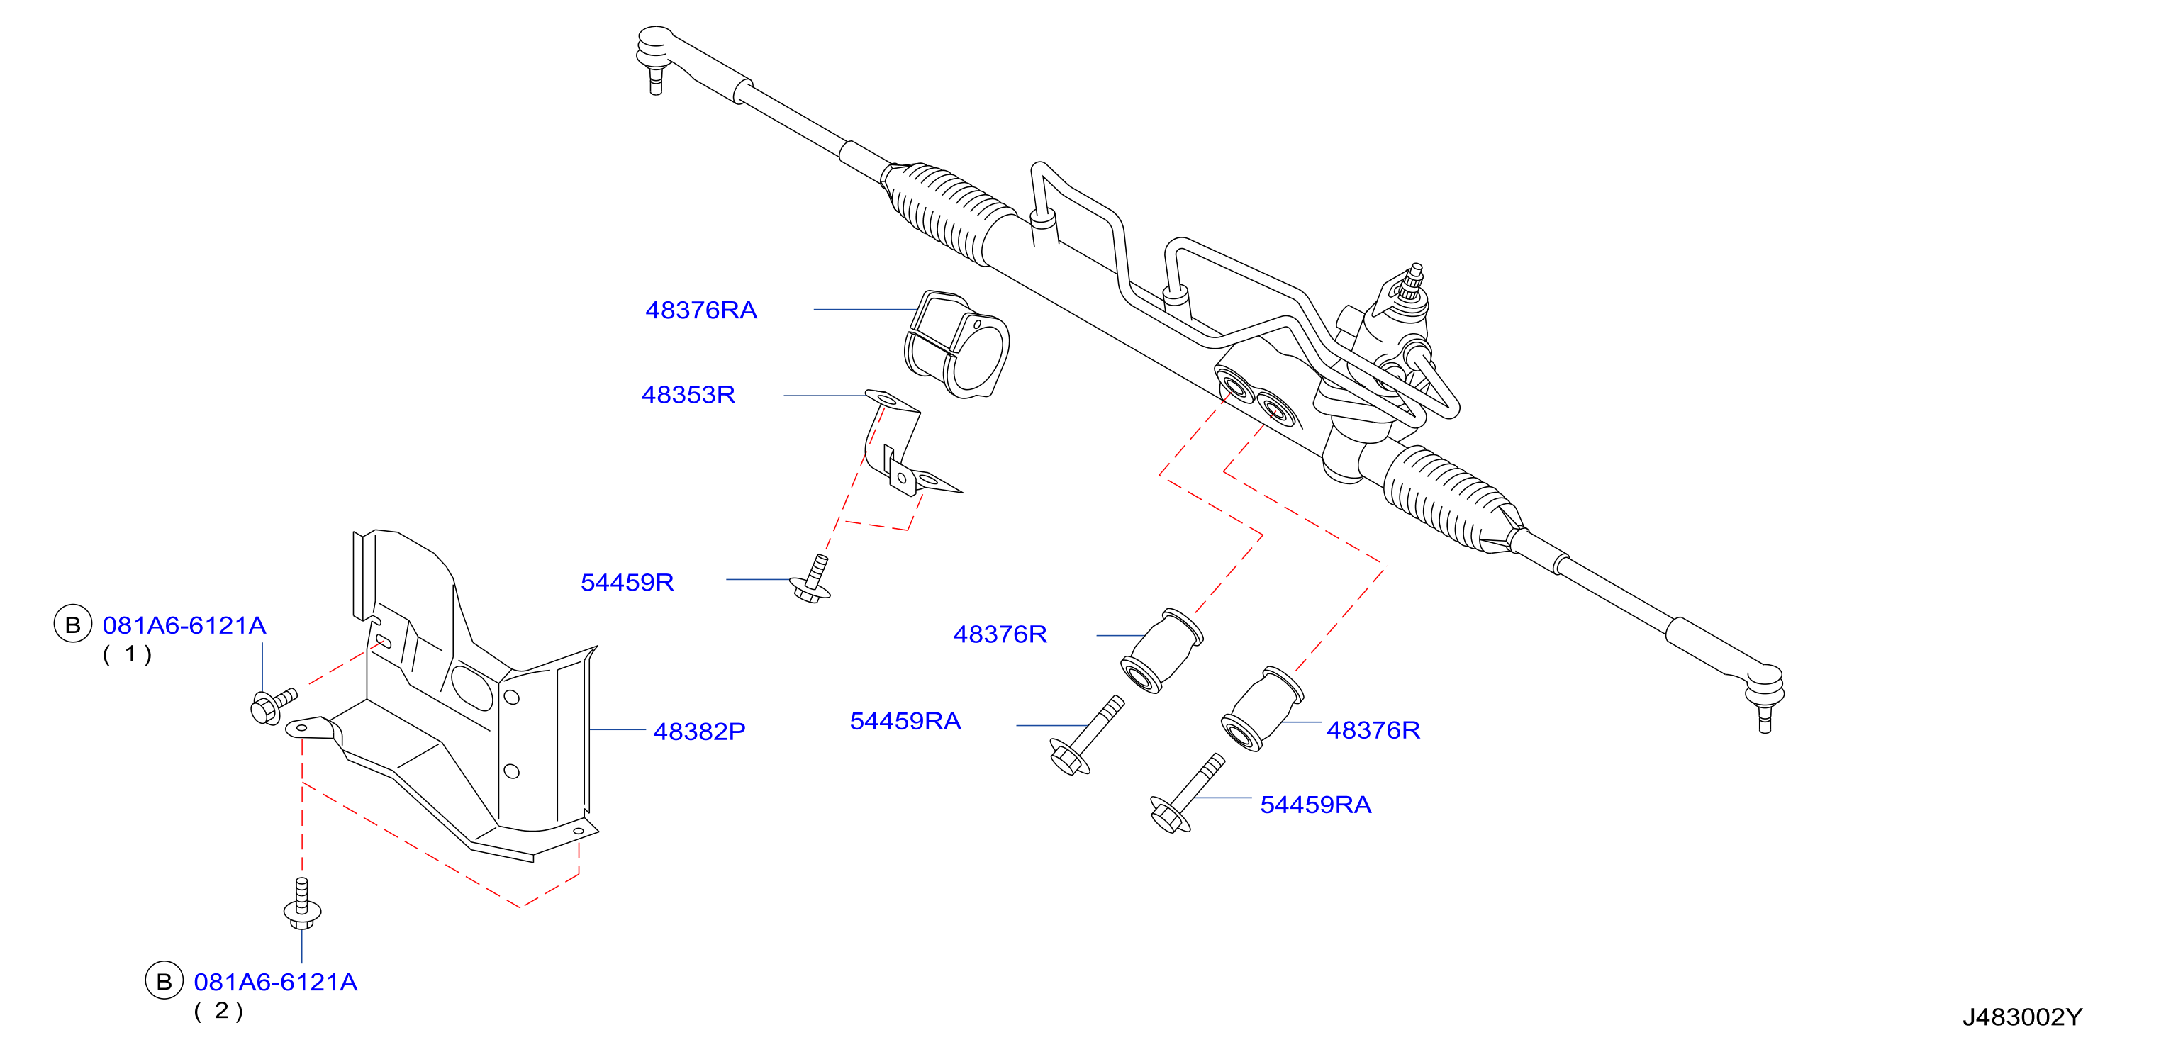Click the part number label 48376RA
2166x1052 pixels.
(700, 310)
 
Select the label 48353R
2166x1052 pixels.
(688, 394)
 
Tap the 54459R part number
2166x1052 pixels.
(627, 582)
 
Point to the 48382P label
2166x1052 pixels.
(700, 731)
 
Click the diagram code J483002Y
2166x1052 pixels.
(2022, 1017)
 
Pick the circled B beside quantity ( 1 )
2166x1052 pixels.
(73, 625)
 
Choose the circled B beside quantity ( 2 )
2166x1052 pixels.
(164, 981)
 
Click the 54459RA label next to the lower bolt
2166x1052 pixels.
(1315, 805)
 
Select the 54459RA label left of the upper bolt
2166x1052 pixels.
(905, 721)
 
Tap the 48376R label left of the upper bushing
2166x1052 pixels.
(1000, 634)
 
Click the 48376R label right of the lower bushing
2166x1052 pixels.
(1373, 730)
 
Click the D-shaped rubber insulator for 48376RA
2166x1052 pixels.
(957, 344)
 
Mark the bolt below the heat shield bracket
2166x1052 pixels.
(302, 904)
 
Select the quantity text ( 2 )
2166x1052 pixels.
(218, 1011)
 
